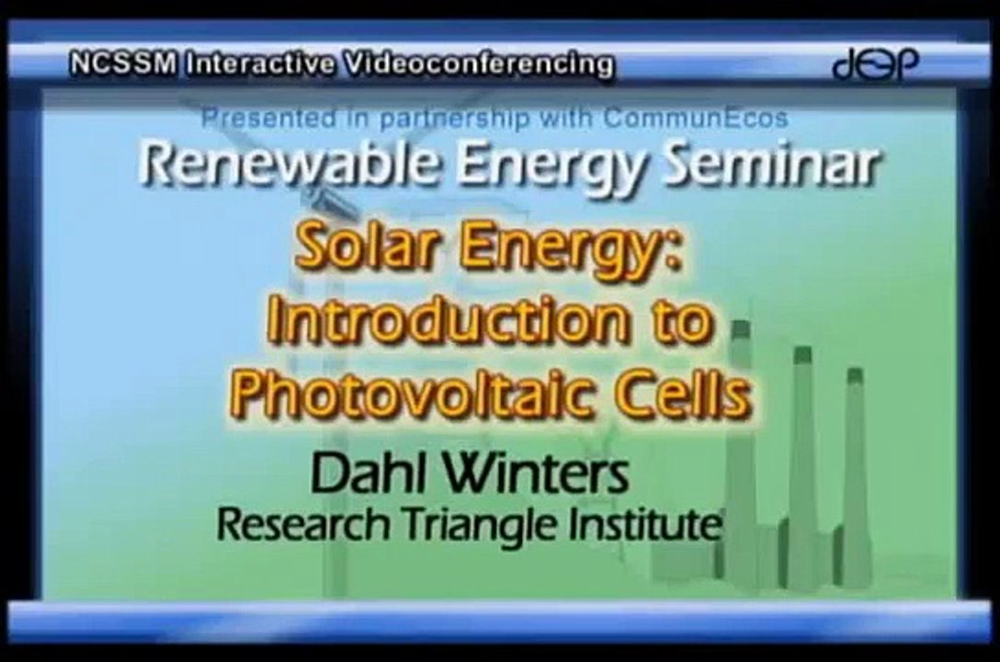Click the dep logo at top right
click(874, 64)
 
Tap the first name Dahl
click(358, 475)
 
